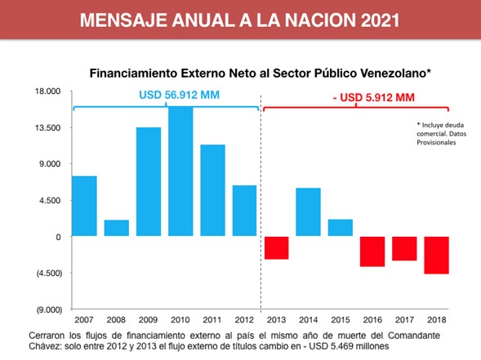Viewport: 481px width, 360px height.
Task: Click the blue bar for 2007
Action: [85, 206]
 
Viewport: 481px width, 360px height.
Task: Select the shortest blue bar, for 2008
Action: [117, 228]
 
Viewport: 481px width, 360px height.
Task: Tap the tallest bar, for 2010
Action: [180, 171]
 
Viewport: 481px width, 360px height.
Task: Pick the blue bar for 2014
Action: [308, 211]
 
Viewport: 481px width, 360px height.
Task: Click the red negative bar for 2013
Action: [276, 247]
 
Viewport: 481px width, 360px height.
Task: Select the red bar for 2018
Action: [436, 255]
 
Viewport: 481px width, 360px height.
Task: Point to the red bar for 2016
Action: [372, 251]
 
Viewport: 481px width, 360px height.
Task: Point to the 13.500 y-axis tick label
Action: [47, 127]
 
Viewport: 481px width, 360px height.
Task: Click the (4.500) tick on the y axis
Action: [47, 273]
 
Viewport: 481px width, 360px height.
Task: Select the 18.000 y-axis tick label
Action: [47, 91]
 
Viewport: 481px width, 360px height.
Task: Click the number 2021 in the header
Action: [373, 20]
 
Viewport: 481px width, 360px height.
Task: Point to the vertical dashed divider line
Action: [261, 204]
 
